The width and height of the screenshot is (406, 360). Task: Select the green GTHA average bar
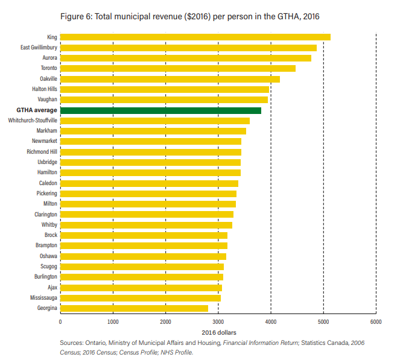tap(160, 110)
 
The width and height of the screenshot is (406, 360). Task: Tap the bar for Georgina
tap(134, 308)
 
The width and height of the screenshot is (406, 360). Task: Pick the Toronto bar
tap(177, 68)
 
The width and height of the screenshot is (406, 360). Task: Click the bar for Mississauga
tap(140, 298)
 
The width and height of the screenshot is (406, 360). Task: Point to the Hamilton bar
tap(150, 172)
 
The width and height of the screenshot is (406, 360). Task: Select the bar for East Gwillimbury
tap(188, 48)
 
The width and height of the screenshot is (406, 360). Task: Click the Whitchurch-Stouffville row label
tap(33, 121)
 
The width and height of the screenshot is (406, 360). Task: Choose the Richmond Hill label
tap(42, 152)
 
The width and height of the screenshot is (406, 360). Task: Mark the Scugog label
tap(48, 267)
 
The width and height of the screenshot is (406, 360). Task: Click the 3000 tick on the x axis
tap(218, 321)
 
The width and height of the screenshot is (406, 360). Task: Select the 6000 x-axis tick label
tap(375, 321)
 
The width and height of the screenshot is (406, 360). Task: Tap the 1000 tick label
tap(113, 321)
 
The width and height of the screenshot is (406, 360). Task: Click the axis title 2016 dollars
tap(218, 332)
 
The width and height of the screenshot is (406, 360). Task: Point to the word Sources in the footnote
tap(73, 343)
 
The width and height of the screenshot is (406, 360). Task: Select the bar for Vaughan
tap(163, 99)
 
